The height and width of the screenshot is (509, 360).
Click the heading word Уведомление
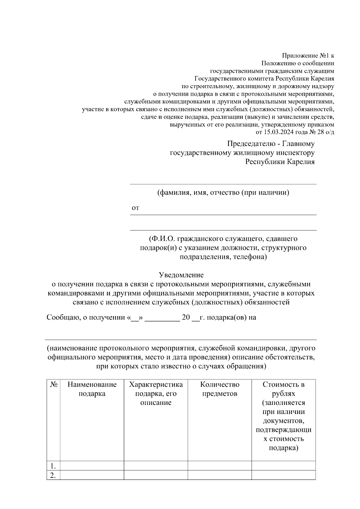coord(181,275)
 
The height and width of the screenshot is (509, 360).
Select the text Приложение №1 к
coord(308,55)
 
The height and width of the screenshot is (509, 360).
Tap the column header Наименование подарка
coord(92,389)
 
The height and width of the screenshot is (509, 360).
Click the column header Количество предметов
coord(220,389)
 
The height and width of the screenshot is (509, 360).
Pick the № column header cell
coord(53,385)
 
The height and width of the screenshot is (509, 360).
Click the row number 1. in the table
coord(53,466)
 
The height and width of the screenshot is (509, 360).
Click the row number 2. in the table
coord(53,475)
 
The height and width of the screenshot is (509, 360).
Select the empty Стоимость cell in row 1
coord(283,466)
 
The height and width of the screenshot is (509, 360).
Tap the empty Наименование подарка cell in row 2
coord(92,475)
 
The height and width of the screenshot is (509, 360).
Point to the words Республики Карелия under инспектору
coord(280,162)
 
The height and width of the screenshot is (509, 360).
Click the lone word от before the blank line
coord(135,208)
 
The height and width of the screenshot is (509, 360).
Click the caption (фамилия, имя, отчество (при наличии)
coord(223,193)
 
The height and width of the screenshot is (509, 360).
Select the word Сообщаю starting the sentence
coord(62,317)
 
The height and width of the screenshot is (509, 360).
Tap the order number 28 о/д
coord(325,132)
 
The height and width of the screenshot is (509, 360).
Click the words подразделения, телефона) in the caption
coord(223,257)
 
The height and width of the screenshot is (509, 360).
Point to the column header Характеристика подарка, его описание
coord(156,394)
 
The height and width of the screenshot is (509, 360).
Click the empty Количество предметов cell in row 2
coord(220,475)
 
